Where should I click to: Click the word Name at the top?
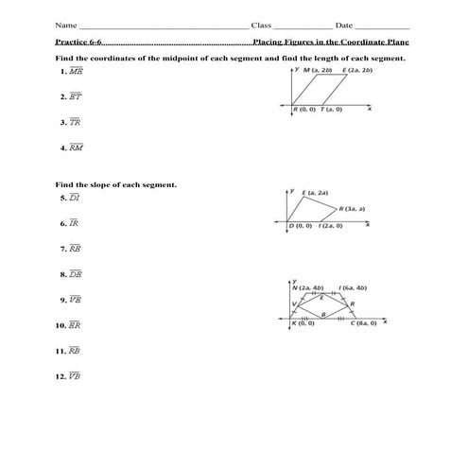click(65, 25)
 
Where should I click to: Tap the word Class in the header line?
click(262, 25)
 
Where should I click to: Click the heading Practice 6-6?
click(78, 43)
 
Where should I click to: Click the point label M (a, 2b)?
click(321, 71)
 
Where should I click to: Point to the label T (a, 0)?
click(331, 110)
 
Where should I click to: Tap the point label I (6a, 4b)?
click(352, 287)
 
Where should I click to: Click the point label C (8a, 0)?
click(363, 324)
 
